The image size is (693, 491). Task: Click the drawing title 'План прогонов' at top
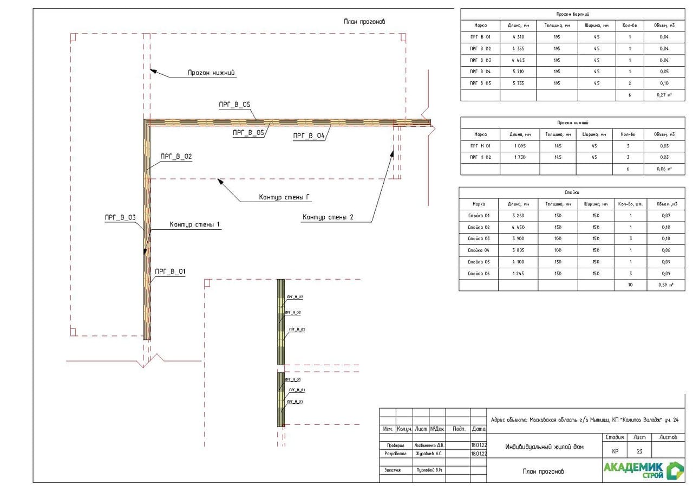pyautogui.click(x=364, y=22)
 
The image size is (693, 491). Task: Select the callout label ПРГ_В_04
pyautogui.click(x=309, y=136)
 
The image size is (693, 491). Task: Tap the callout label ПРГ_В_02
pyautogui.click(x=176, y=157)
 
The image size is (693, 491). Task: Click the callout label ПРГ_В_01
pyautogui.click(x=170, y=272)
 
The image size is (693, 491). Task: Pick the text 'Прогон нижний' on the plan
pyautogui.click(x=212, y=72)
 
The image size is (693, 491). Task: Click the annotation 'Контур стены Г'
pyautogui.click(x=284, y=198)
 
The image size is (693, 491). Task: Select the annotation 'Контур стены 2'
pyautogui.click(x=328, y=217)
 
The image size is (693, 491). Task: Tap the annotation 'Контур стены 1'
pyautogui.click(x=195, y=224)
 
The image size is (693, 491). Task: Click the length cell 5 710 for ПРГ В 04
pyautogui.click(x=518, y=72)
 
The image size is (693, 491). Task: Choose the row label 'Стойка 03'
pyautogui.click(x=479, y=238)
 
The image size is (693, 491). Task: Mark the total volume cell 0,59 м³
pyautogui.click(x=665, y=285)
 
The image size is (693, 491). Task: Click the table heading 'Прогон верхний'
pyautogui.click(x=572, y=14)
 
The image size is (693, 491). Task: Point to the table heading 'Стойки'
pyautogui.click(x=572, y=192)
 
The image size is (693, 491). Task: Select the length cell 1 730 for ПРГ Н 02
pyautogui.click(x=520, y=157)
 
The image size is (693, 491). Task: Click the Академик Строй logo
pyautogui.click(x=643, y=470)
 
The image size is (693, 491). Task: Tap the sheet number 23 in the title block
pyautogui.click(x=639, y=451)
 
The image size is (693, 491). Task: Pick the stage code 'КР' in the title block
pyautogui.click(x=615, y=451)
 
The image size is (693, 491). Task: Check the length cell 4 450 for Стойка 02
pyautogui.click(x=518, y=227)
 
